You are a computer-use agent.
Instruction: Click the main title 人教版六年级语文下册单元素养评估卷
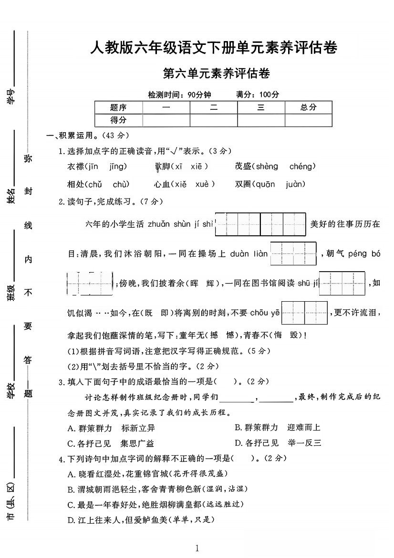pos(214,48)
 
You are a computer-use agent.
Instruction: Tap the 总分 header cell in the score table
pos(308,107)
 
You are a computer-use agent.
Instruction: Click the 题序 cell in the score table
pos(118,107)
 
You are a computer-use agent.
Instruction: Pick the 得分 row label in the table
pos(118,120)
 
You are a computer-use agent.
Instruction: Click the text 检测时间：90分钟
pos(179,94)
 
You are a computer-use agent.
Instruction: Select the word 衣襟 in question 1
pos(76,167)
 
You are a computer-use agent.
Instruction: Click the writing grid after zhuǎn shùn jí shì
pos(260,224)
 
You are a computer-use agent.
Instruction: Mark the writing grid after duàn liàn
pos(293,254)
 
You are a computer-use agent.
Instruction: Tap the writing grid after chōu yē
pos(304,313)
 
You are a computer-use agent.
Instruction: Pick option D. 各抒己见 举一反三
pos(278,443)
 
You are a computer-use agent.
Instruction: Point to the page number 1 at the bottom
pos(197,548)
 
